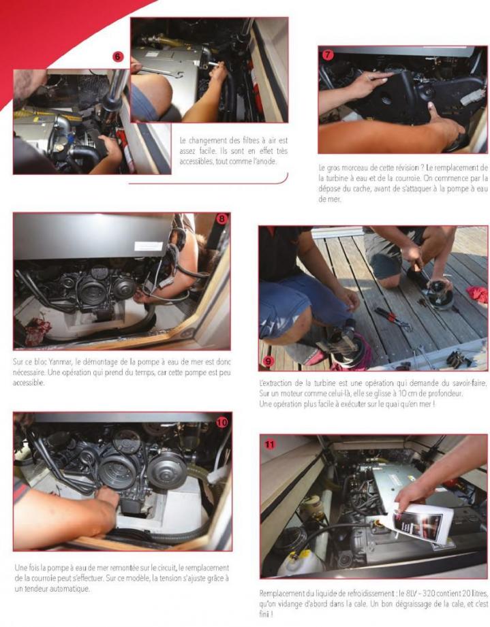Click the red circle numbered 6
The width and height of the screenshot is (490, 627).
pyautogui.click(x=117, y=57)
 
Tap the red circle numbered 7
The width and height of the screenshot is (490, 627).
pyautogui.click(x=328, y=54)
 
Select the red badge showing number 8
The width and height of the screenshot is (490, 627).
pyautogui.click(x=221, y=219)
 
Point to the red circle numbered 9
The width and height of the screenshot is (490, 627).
pyautogui.click(x=268, y=361)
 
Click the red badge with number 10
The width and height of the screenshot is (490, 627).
pyautogui.click(x=221, y=422)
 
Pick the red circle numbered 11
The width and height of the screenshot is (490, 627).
pyautogui.click(x=271, y=445)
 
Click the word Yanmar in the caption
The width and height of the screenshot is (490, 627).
pyautogui.click(x=60, y=362)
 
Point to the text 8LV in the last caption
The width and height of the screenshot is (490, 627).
pyautogui.click(x=410, y=593)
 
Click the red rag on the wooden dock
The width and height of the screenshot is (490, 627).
pyautogui.click(x=478, y=294)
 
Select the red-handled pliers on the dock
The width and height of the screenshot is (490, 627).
pyautogui.click(x=393, y=319)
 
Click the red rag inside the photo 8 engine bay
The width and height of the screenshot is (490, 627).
pyautogui.click(x=37, y=329)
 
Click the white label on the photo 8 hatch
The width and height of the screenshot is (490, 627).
pyautogui.click(x=148, y=246)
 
